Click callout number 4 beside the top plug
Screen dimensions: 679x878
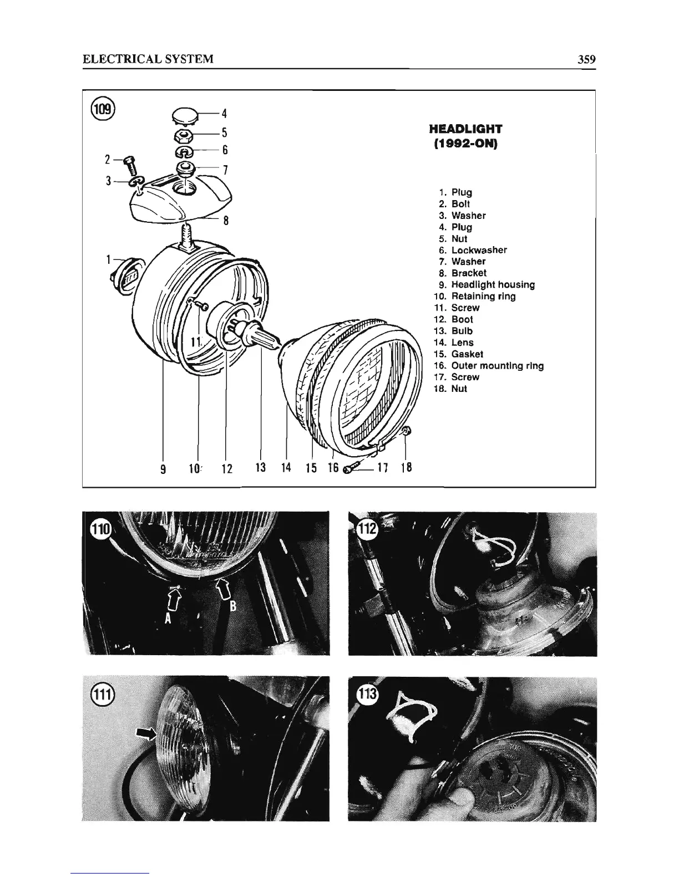225,114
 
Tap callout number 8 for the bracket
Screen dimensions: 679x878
226,220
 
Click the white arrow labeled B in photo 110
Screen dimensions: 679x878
222,588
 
